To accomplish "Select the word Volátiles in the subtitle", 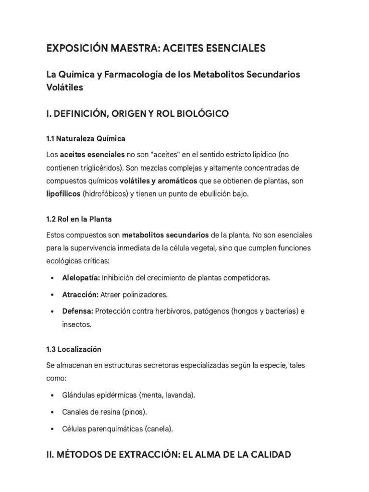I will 65,87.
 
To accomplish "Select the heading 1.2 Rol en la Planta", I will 79,219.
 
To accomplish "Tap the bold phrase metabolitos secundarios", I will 165,235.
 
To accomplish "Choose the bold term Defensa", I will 77,311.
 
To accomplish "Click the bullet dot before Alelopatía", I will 52,278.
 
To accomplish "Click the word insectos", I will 76,324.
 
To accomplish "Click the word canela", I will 159,429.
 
